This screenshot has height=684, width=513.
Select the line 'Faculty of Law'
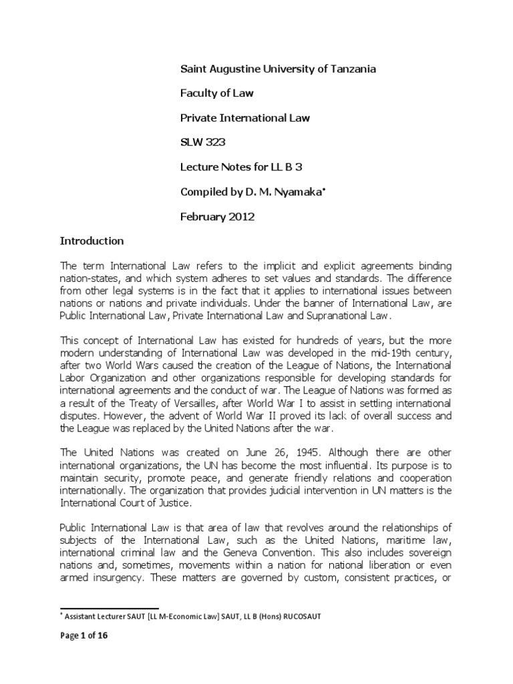tap(216, 94)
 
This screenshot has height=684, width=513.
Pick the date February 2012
tap(219, 216)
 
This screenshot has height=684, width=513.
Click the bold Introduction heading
tap(92, 240)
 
